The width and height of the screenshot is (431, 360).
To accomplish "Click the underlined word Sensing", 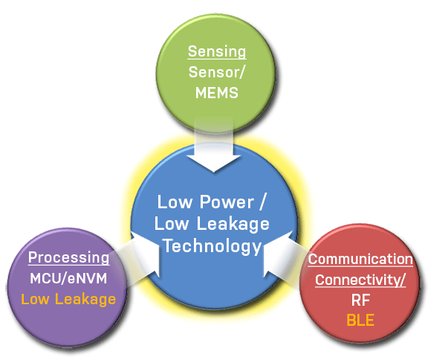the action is [x=217, y=51].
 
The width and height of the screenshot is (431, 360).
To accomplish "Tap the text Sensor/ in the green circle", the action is [x=216, y=72].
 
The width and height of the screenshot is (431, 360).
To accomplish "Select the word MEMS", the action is [x=216, y=93].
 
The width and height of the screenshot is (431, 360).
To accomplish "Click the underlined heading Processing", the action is [x=68, y=258].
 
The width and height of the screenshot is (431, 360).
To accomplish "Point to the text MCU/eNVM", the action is [x=68, y=278].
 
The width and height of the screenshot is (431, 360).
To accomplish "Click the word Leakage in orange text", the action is [x=85, y=299].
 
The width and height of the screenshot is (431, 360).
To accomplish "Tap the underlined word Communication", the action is [x=360, y=260].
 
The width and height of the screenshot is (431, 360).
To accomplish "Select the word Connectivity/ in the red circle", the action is [x=360, y=280].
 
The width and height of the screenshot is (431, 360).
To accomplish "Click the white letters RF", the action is [x=360, y=300].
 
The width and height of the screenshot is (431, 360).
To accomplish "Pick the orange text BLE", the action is [x=360, y=320].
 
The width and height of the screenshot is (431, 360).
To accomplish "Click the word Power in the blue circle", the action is [x=227, y=202].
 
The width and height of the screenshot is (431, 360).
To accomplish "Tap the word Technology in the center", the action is [x=213, y=246].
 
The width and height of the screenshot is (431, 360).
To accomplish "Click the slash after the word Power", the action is [x=262, y=202].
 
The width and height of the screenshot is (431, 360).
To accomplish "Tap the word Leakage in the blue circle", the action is [x=233, y=224].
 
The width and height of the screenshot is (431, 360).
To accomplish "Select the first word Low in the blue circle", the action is [x=175, y=202].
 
